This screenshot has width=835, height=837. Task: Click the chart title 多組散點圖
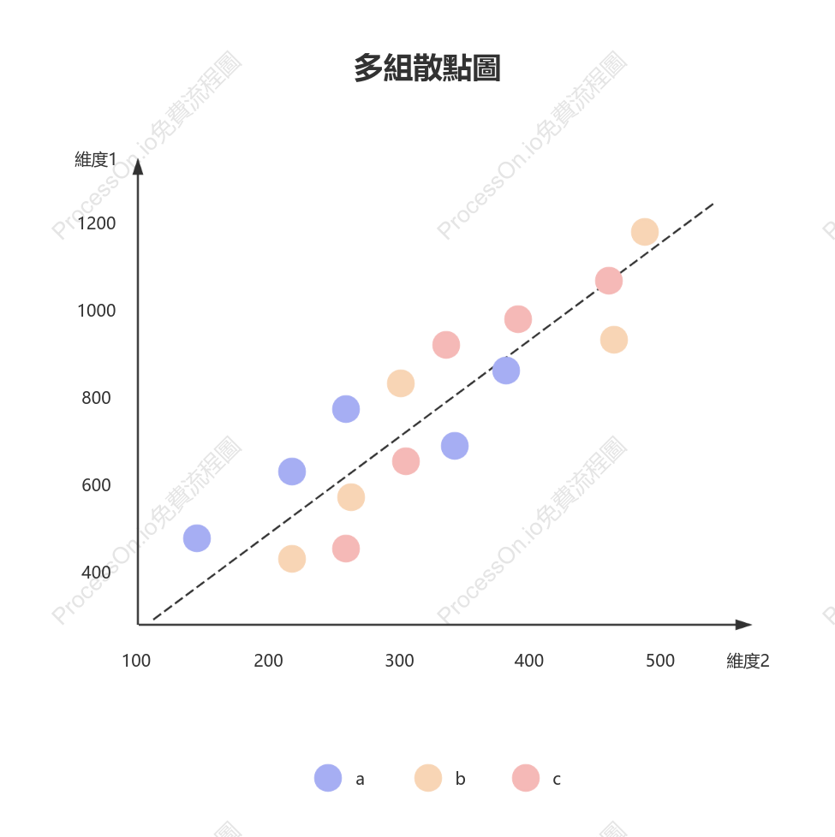coord(426,68)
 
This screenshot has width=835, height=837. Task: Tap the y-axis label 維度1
coord(96,159)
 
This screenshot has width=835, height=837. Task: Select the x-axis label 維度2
coord(748,661)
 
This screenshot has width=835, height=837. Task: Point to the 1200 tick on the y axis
coord(96,223)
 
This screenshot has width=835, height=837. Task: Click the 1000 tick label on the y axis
coord(96,311)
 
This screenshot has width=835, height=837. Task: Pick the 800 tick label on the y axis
coord(96,398)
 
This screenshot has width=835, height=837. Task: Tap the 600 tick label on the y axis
coord(96,485)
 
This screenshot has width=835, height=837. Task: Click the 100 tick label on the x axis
coord(136,661)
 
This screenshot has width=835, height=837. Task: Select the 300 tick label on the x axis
coord(400,661)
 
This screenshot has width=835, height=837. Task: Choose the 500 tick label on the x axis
coord(660,661)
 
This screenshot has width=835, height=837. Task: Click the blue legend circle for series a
coord(328,778)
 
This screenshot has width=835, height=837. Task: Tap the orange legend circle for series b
coord(428,778)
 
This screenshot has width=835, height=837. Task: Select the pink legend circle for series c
coord(526,778)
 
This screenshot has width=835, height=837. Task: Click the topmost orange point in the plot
coord(645,232)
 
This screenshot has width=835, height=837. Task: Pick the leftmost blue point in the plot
coord(197,538)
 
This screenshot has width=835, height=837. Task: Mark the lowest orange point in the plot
coord(292,559)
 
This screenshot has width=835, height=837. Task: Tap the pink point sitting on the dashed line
coord(609,281)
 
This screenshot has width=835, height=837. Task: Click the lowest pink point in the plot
coord(346,549)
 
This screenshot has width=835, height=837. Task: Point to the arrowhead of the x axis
coord(744,625)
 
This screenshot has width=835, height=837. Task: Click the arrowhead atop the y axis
coord(138,167)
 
